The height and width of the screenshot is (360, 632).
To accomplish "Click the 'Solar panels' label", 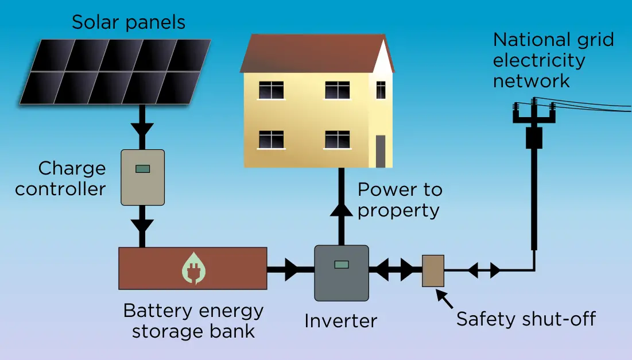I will click(x=128, y=22).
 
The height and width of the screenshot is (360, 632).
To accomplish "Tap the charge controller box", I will click(x=142, y=177).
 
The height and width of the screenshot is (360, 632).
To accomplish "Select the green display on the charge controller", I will click(x=142, y=169).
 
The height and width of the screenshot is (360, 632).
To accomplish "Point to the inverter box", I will click(x=341, y=273).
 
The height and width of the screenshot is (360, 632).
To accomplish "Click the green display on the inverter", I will click(x=342, y=265).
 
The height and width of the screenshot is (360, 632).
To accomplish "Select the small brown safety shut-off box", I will click(x=433, y=270).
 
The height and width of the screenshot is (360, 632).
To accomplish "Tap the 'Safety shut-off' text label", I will click(x=526, y=319).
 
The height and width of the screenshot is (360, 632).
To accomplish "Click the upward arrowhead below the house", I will click(x=341, y=211).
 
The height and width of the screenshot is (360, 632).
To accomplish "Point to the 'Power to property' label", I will click(x=400, y=199).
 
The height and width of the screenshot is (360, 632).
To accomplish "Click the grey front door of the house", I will click(x=381, y=151).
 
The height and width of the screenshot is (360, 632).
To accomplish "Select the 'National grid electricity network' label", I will click(x=553, y=60).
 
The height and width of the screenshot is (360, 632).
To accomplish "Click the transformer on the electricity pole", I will click(x=534, y=138).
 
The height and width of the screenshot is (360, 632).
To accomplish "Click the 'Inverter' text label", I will click(x=340, y=320).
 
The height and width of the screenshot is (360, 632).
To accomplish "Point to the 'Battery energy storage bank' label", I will click(x=193, y=321).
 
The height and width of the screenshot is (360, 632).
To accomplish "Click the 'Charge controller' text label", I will click(x=61, y=179).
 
